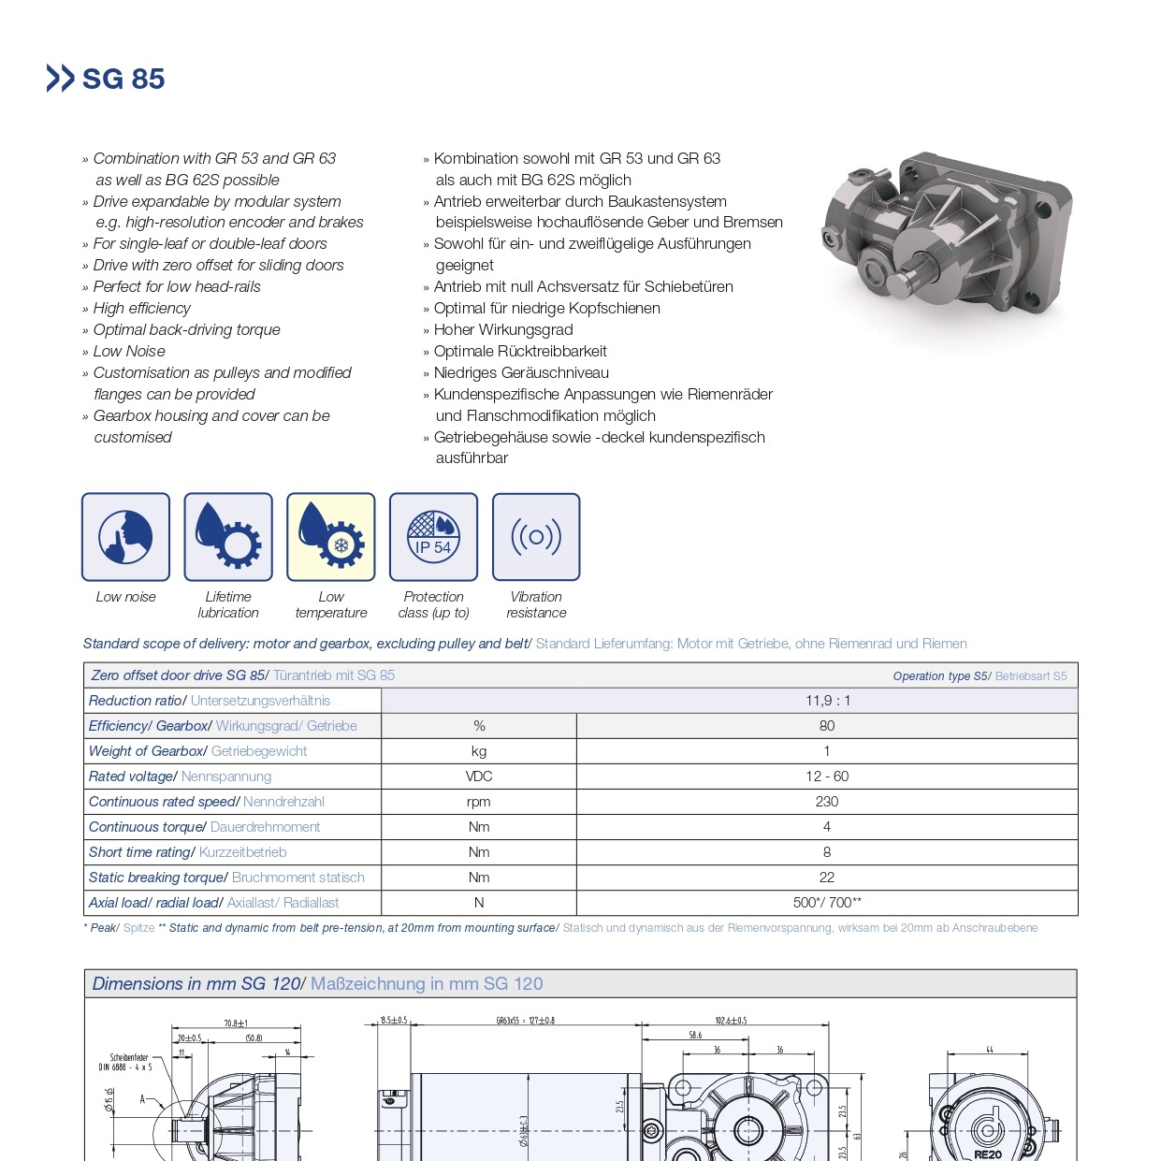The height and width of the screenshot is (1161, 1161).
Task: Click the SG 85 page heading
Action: click(123, 79)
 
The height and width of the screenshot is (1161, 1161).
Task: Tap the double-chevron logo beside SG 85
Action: click(60, 78)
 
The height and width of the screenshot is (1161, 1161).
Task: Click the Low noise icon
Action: click(125, 537)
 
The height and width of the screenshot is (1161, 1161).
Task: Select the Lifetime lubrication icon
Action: click(228, 537)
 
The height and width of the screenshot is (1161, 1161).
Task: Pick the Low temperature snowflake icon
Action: click(331, 537)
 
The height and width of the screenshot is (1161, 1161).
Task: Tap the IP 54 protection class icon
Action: click(433, 537)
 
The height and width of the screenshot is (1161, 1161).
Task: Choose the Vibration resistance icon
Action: click(536, 537)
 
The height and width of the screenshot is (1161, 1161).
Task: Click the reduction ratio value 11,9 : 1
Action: click(828, 701)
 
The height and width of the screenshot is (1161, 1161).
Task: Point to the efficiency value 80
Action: click(827, 726)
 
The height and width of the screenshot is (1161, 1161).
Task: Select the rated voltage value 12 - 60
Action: click(827, 776)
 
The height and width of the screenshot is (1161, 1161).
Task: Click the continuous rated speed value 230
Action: click(827, 802)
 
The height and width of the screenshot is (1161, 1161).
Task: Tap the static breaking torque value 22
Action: click(827, 878)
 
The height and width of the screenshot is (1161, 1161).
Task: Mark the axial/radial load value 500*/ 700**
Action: click(827, 903)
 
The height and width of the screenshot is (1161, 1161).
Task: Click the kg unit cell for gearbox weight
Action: click(479, 751)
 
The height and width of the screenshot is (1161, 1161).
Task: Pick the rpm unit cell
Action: click(479, 802)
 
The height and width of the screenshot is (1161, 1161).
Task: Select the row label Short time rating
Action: click(141, 852)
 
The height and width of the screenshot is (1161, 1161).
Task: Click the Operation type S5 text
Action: click(939, 676)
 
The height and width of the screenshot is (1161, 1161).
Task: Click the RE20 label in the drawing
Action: click(988, 1154)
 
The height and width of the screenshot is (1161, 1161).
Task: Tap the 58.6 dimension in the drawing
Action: click(695, 1035)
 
